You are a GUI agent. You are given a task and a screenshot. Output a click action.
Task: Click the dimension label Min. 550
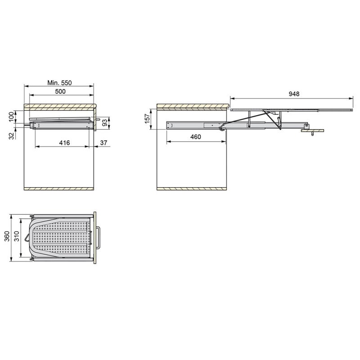pyautogui.click(x=59, y=83)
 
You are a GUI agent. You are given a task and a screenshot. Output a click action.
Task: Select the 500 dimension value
pyautogui.click(x=60, y=91)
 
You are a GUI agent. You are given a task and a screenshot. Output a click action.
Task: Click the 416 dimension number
pyautogui.click(x=64, y=143)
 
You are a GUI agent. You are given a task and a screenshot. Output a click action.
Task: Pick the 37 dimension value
pyautogui.click(x=104, y=143)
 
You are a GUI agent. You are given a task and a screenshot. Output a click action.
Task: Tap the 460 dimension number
pyautogui.click(x=195, y=137)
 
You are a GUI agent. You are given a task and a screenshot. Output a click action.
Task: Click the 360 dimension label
pyautogui.click(x=6, y=237)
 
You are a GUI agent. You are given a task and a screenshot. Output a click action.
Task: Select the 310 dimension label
pyautogui.click(x=17, y=237)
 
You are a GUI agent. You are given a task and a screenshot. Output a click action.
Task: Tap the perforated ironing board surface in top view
pyautogui.click(x=61, y=236)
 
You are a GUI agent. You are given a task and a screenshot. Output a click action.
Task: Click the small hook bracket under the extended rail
pyautogui.click(x=312, y=131)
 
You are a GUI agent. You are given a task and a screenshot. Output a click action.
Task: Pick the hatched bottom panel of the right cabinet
pyautogui.click(x=192, y=188)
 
